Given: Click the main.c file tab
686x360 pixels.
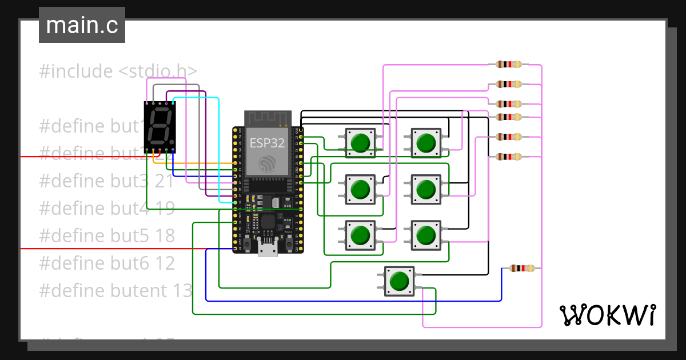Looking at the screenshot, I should pos(82,26).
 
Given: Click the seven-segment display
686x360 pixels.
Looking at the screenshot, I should pos(159,127).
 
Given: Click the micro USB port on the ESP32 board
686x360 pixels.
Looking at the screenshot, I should pos(268,249).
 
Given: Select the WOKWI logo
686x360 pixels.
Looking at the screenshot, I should pos(607,315).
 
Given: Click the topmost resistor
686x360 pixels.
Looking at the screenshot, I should pos(509,65).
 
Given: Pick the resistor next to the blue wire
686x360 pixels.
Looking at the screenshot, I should pos(521,268).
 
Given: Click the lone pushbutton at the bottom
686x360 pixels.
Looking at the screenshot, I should pos(399,281).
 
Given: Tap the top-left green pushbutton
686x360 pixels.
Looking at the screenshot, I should pos(360,142).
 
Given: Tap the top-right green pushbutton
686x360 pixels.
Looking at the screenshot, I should pos(425,142).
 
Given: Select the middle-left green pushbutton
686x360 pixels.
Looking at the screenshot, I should pos(360,189).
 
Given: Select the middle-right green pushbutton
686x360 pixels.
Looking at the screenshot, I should pos(425,189).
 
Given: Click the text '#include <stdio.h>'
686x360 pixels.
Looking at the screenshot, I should pos(118,71).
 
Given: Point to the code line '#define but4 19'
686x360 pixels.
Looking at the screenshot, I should pos(107,209).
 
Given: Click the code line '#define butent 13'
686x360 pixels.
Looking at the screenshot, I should pos(116,291).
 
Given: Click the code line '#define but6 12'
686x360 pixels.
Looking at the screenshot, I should pos(107,263).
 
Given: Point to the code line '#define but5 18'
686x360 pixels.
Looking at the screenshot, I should pos(107,236).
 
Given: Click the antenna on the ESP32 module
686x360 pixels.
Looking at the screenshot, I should pos(268,118).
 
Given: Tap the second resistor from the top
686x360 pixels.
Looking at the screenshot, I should pos(509,84).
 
